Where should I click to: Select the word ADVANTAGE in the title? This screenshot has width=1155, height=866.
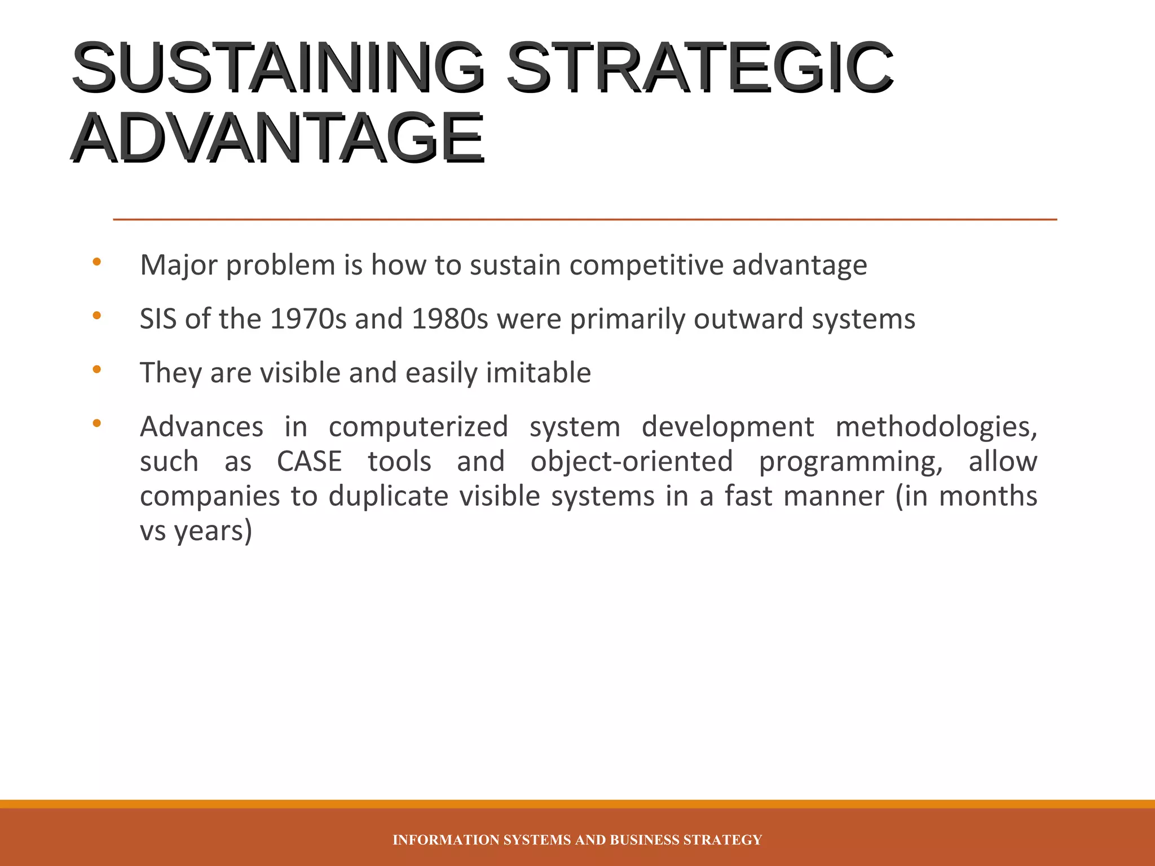coord(276,138)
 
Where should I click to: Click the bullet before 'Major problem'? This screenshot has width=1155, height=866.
coord(96,262)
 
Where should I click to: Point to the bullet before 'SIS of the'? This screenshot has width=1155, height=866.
coord(96,316)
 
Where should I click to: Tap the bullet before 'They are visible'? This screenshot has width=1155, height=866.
coord(96,370)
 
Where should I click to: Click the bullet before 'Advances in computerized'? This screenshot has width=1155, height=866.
coord(96,423)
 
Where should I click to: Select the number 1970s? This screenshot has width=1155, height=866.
coord(308,319)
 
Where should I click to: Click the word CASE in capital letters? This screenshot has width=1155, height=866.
coord(309,462)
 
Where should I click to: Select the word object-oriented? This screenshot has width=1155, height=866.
coord(631,462)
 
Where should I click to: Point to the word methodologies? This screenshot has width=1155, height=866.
coord(936,427)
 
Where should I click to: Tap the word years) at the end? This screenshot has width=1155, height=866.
coord(213,532)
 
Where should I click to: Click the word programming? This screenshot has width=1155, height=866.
coord(850,462)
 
